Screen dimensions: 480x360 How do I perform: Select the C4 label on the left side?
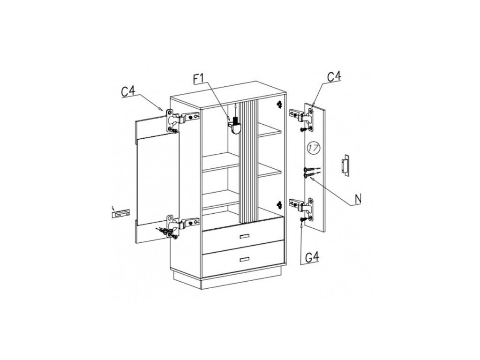pos(129,92)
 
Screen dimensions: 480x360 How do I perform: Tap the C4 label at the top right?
pos(334,76)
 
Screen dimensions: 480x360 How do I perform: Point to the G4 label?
pos(313,257)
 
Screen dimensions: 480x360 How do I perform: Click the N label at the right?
pos(358,199)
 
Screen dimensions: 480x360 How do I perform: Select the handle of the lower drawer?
pos(245,260)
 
